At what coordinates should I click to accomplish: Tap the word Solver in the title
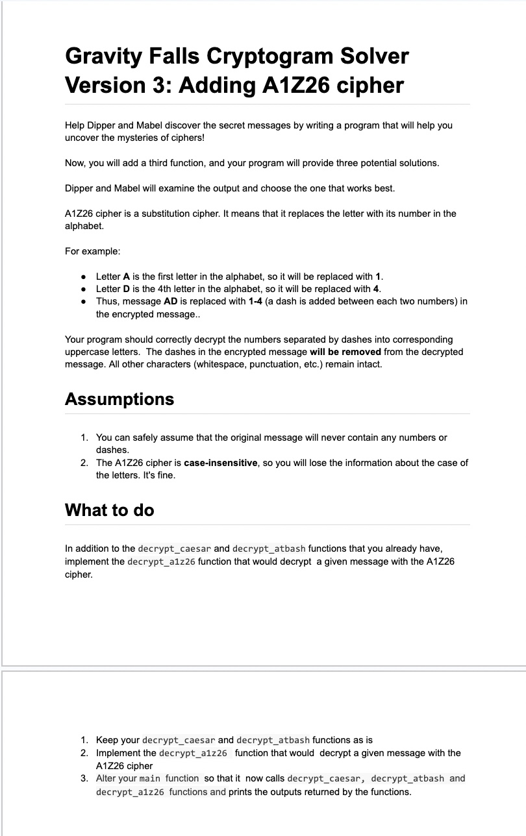point(372,56)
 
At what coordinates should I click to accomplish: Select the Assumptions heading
point(119,399)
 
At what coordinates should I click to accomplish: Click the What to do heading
point(110,510)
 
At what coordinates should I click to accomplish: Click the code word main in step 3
point(151,778)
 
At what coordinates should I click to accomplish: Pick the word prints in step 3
point(242,792)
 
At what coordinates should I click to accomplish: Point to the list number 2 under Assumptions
point(84,463)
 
